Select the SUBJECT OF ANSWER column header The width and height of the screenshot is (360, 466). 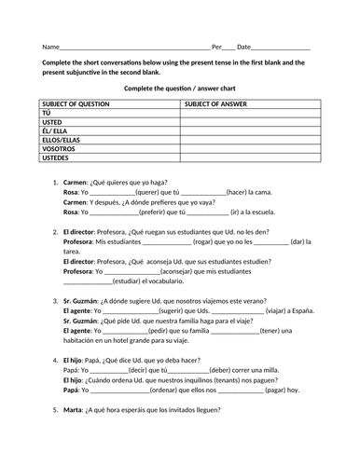pyautogui.click(x=215, y=104)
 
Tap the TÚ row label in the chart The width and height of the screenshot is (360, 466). pyautogui.click(x=48, y=114)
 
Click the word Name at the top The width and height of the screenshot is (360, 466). pyautogui.click(x=50, y=48)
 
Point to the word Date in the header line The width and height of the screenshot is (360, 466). pyautogui.click(x=243, y=48)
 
